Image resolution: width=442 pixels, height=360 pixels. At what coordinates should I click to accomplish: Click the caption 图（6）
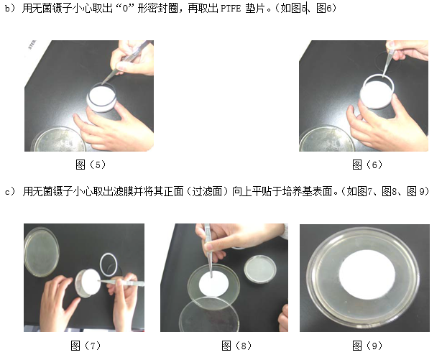point(367,165)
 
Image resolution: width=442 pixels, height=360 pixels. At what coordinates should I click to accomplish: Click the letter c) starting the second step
point(9,192)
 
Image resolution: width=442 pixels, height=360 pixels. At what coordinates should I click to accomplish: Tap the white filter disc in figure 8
point(216,285)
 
